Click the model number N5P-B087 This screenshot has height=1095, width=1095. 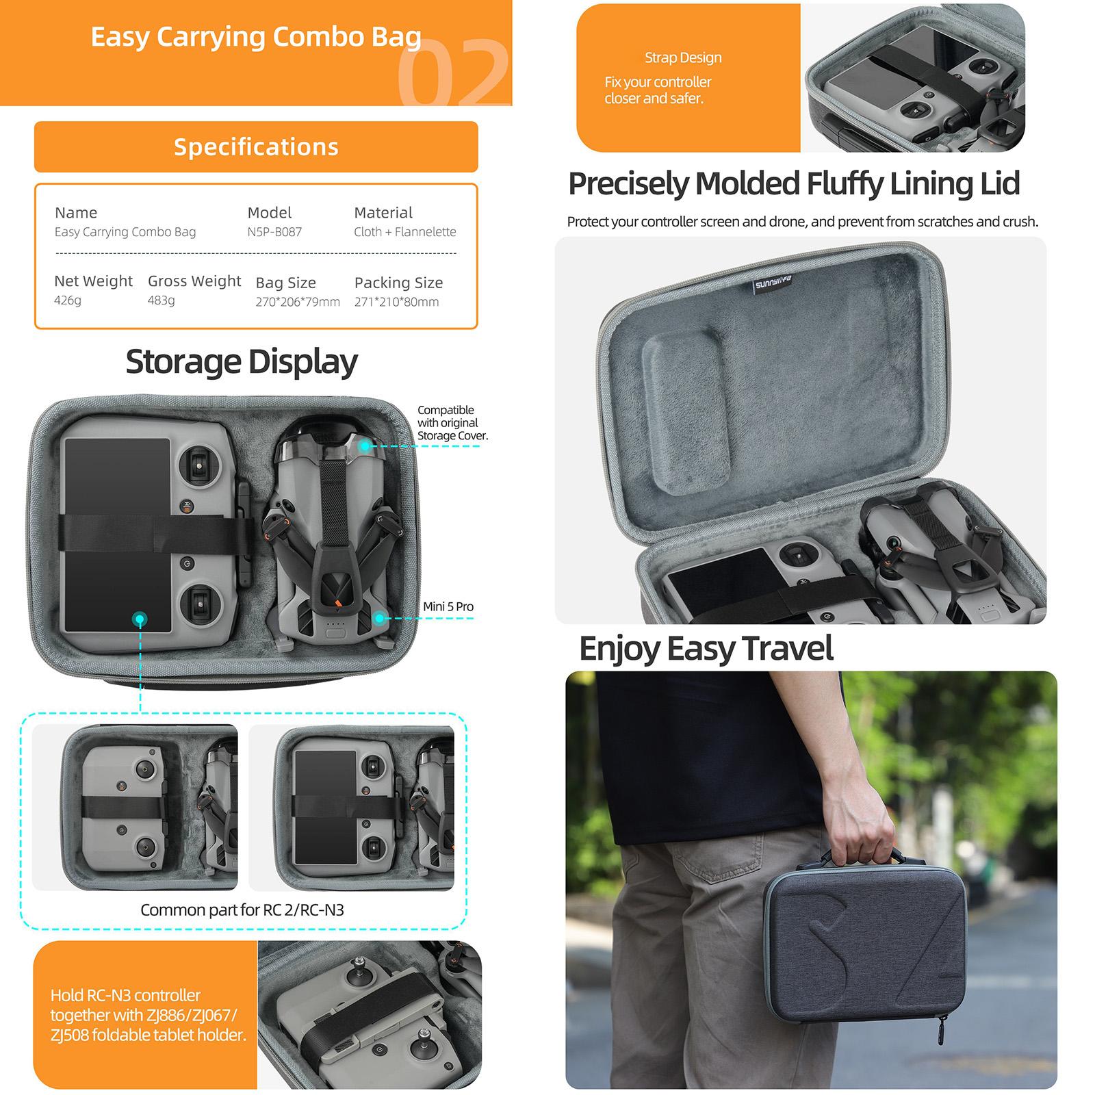click(x=274, y=232)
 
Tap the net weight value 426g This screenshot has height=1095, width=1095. click(x=68, y=300)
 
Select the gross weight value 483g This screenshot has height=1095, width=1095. click(x=162, y=300)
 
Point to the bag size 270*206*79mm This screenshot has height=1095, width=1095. click(x=298, y=302)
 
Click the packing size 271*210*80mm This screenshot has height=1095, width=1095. click(x=397, y=302)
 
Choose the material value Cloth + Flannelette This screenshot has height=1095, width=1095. click(x=405, y=232)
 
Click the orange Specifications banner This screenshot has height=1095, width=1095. click(x=256, y=146)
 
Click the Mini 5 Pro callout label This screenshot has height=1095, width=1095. click(x=448, y=606)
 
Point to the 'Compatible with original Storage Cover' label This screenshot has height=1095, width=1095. click(x=452, y=423)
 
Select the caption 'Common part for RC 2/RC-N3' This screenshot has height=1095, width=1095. click(x=242, y=910)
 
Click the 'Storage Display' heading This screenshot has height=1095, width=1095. click(x=242, y=362)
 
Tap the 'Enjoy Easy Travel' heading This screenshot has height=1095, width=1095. click(x=706, y=649)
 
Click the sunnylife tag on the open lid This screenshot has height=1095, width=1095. click(x=773, y=283)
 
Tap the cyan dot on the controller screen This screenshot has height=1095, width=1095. click(x=140, y=619)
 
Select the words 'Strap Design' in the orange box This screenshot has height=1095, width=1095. click(x=683, y=57)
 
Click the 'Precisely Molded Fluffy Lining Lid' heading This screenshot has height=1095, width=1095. click(x=794, y=183)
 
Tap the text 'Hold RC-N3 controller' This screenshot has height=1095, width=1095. click(x=125, y=995)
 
